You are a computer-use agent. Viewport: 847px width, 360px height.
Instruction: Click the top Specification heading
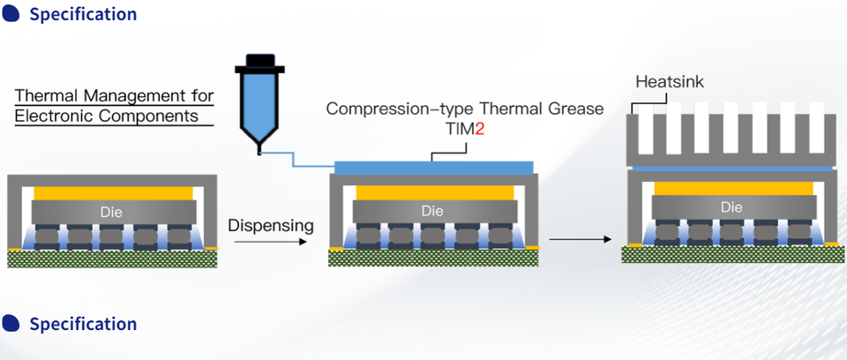pos(83,15)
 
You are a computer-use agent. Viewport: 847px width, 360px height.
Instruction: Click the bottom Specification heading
pos(83,325)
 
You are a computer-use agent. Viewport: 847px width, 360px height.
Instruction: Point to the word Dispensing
pos(271,225)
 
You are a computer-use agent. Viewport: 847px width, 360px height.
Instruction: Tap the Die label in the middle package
pos(432,212)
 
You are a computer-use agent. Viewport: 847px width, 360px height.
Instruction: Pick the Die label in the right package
pos(731,207)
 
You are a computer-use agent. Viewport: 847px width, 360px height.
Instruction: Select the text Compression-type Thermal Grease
pos(465,109)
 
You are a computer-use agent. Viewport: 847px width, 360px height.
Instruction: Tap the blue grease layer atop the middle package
pos(434,167)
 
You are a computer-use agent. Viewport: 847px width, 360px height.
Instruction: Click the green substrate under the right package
pos(731,254)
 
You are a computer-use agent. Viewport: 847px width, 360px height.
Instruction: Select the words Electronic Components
pos(106,115)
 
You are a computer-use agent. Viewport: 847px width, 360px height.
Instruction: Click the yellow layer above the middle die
pos(434,191)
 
